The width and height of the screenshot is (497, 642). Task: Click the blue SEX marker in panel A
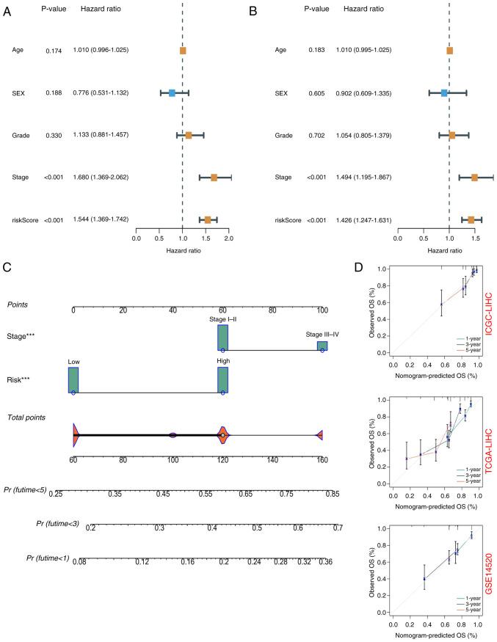click(x=172, y=93)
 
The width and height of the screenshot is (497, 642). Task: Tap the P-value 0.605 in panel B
click(x=318, y=93)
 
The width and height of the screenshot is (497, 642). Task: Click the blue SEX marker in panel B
click(x=444, y=93)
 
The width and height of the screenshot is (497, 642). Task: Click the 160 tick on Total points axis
click(x=321, y=460)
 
